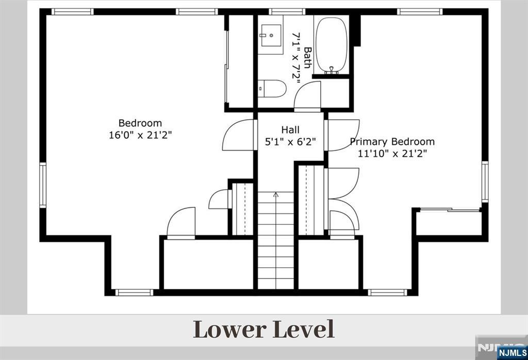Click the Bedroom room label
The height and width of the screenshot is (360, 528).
tap(140, 123)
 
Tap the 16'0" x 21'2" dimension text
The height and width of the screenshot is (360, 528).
tap(140, 135)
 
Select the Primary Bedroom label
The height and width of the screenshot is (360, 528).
tap(392, 141)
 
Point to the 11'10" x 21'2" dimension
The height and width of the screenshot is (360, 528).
tap(392, 154)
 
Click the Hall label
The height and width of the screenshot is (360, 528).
tap(290, 129)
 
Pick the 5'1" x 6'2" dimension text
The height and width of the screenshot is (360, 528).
tap(290, 142)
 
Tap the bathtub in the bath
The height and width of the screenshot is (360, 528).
tap(332, 45)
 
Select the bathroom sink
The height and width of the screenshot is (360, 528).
tap(271, 35)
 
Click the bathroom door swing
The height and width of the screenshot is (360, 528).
tap(307, 96)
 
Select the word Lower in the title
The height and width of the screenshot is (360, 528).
tap(229, 330)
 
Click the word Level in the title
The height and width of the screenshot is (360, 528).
tap(303, 330)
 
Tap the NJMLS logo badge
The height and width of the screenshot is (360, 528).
tap(512, 353)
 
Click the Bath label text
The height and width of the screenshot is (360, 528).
tap(307, 58)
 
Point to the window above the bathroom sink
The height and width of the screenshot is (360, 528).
tap(287, 12)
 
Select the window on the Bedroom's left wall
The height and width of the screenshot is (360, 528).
tap(43, 185)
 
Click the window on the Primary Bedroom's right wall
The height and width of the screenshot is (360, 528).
tap(485, 182)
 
